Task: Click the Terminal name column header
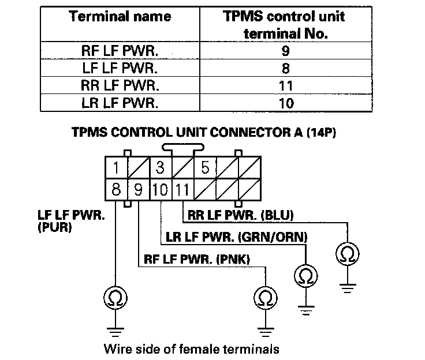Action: (x=121, y=17)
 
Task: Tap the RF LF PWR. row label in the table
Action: (x=121, y=50)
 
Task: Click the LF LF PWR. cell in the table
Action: (x=121, y=67)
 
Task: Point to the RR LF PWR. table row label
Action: (x=121, y=85)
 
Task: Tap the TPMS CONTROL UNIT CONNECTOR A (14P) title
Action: (x=204, y=132)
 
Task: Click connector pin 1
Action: (x=116, y=168)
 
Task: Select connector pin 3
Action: (x=159, y=168)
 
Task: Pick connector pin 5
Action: (x=204, y=168)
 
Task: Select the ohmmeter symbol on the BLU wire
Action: (x=346, y=254)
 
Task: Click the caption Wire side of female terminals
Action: (x=191, y=348)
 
